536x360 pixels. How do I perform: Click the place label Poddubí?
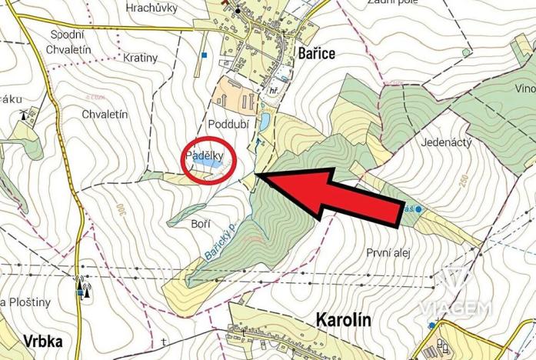coord(225,125)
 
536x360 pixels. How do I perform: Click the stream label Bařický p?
coord(220,242)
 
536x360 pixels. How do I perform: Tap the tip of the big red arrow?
coord(257,178)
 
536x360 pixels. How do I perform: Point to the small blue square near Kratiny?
coord(205,55)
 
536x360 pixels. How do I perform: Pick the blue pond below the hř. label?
coord(265,121)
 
